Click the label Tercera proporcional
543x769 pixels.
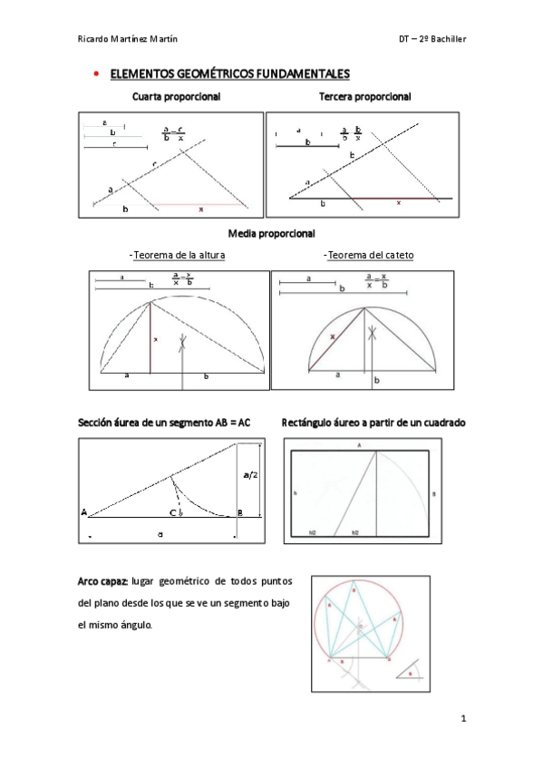point(364,96)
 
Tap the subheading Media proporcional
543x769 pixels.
point(271,234)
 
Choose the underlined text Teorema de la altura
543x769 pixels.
point(178,255)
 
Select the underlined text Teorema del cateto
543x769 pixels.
point(370,255)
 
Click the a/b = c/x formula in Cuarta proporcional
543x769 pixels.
point(173,132)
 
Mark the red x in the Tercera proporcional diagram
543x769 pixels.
point(397,203)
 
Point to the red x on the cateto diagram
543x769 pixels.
point(333,336)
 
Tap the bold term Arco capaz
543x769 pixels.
point(102,580)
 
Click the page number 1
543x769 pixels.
point(462,719)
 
